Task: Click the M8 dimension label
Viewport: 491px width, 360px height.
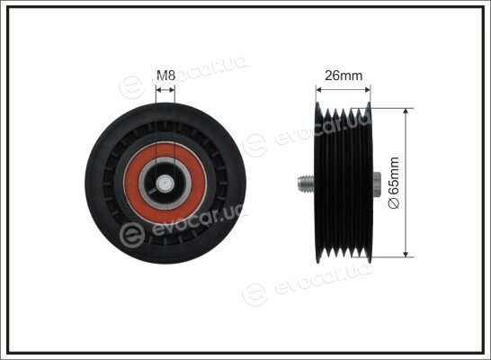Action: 165,76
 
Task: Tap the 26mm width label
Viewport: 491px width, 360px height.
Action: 344,76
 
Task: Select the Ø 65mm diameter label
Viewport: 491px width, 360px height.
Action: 394,183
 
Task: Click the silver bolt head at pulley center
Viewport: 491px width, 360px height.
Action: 165,184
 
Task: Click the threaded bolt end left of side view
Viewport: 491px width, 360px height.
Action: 306,184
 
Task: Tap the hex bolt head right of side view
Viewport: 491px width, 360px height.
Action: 377,184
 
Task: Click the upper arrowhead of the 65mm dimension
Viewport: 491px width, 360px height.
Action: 406,112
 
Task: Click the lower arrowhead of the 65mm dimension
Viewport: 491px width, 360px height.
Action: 406,253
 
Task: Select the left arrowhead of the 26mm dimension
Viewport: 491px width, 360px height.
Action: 319,90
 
